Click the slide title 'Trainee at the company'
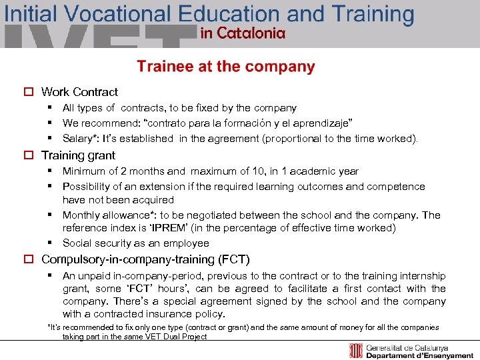tap(225, 67)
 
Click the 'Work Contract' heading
tap(79, 92)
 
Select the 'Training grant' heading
tap(78, 155)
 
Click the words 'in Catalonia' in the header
tap(243, 34)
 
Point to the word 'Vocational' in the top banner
tap(117, 13)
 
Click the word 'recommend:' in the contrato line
tap(105, 123)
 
